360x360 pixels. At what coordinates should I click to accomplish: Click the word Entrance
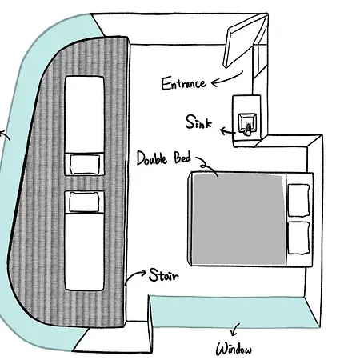point(184,83)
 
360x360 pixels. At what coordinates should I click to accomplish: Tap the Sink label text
point(198,122)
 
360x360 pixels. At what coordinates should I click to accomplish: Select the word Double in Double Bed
point(152,158)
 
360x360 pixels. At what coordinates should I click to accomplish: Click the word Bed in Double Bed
point(182,158)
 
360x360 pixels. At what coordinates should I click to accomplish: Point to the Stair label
point(164,275)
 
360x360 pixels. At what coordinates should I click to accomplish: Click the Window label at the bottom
point(234,349)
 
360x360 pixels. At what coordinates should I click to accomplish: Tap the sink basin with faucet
point(248,124)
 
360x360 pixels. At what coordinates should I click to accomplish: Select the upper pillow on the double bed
point(299,200)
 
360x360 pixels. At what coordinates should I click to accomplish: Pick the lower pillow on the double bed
point(299,238)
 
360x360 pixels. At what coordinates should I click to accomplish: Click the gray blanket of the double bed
point(238,219)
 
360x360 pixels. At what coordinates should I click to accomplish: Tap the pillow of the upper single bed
point(85,164)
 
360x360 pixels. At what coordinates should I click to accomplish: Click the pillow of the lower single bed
point(84,202)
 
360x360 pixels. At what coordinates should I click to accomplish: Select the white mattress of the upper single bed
point(85,114)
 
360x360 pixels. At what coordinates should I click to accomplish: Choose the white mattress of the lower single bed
point(84,251)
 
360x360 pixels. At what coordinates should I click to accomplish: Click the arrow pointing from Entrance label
point(226,79)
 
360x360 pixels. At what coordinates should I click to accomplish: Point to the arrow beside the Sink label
point(227,131)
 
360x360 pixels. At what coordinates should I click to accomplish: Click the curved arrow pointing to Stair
point(134,275)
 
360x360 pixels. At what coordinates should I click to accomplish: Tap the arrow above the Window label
point(235,330)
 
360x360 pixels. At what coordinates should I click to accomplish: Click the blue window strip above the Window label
point(232,312)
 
